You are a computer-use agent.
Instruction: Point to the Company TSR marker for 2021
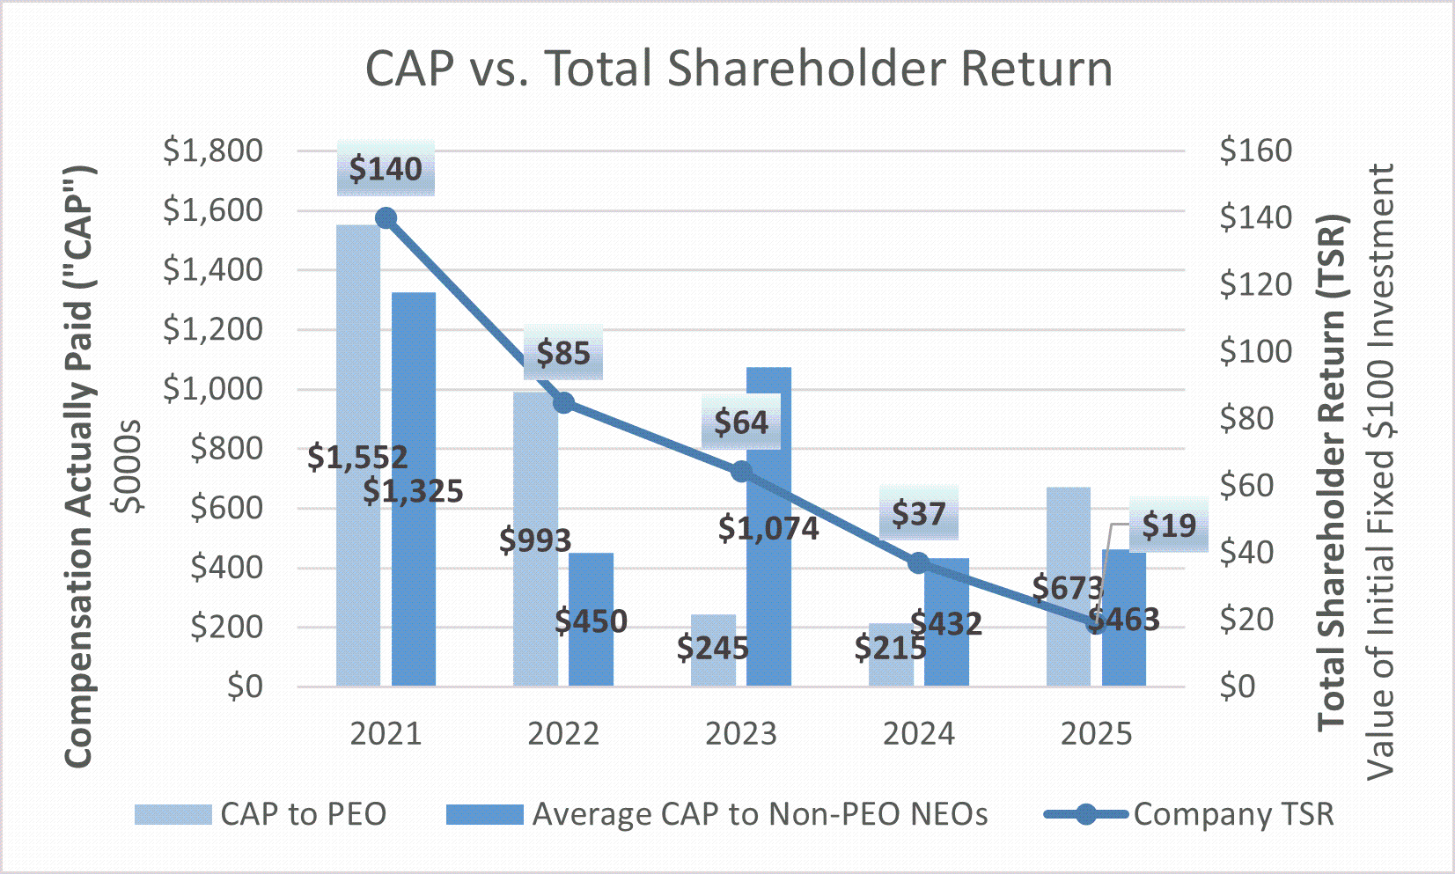pos(386,218)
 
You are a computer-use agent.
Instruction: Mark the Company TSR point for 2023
pos(742,472)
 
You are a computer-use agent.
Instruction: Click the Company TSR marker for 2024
pos(919,563)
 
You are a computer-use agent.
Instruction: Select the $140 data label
pos(386,168)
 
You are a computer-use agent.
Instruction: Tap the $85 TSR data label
pos(563,353)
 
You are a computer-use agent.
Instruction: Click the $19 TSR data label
pos(1169,525)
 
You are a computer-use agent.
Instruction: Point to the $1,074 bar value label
pos(768,528)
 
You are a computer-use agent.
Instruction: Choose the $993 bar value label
pos(535,540)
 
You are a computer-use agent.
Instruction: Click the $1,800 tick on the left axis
pos(213,151)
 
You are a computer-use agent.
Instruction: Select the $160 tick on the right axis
pos(1255,151)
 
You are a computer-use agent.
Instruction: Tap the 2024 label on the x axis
pos(919,733)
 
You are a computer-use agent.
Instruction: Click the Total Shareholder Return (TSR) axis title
pos(1332,472)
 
